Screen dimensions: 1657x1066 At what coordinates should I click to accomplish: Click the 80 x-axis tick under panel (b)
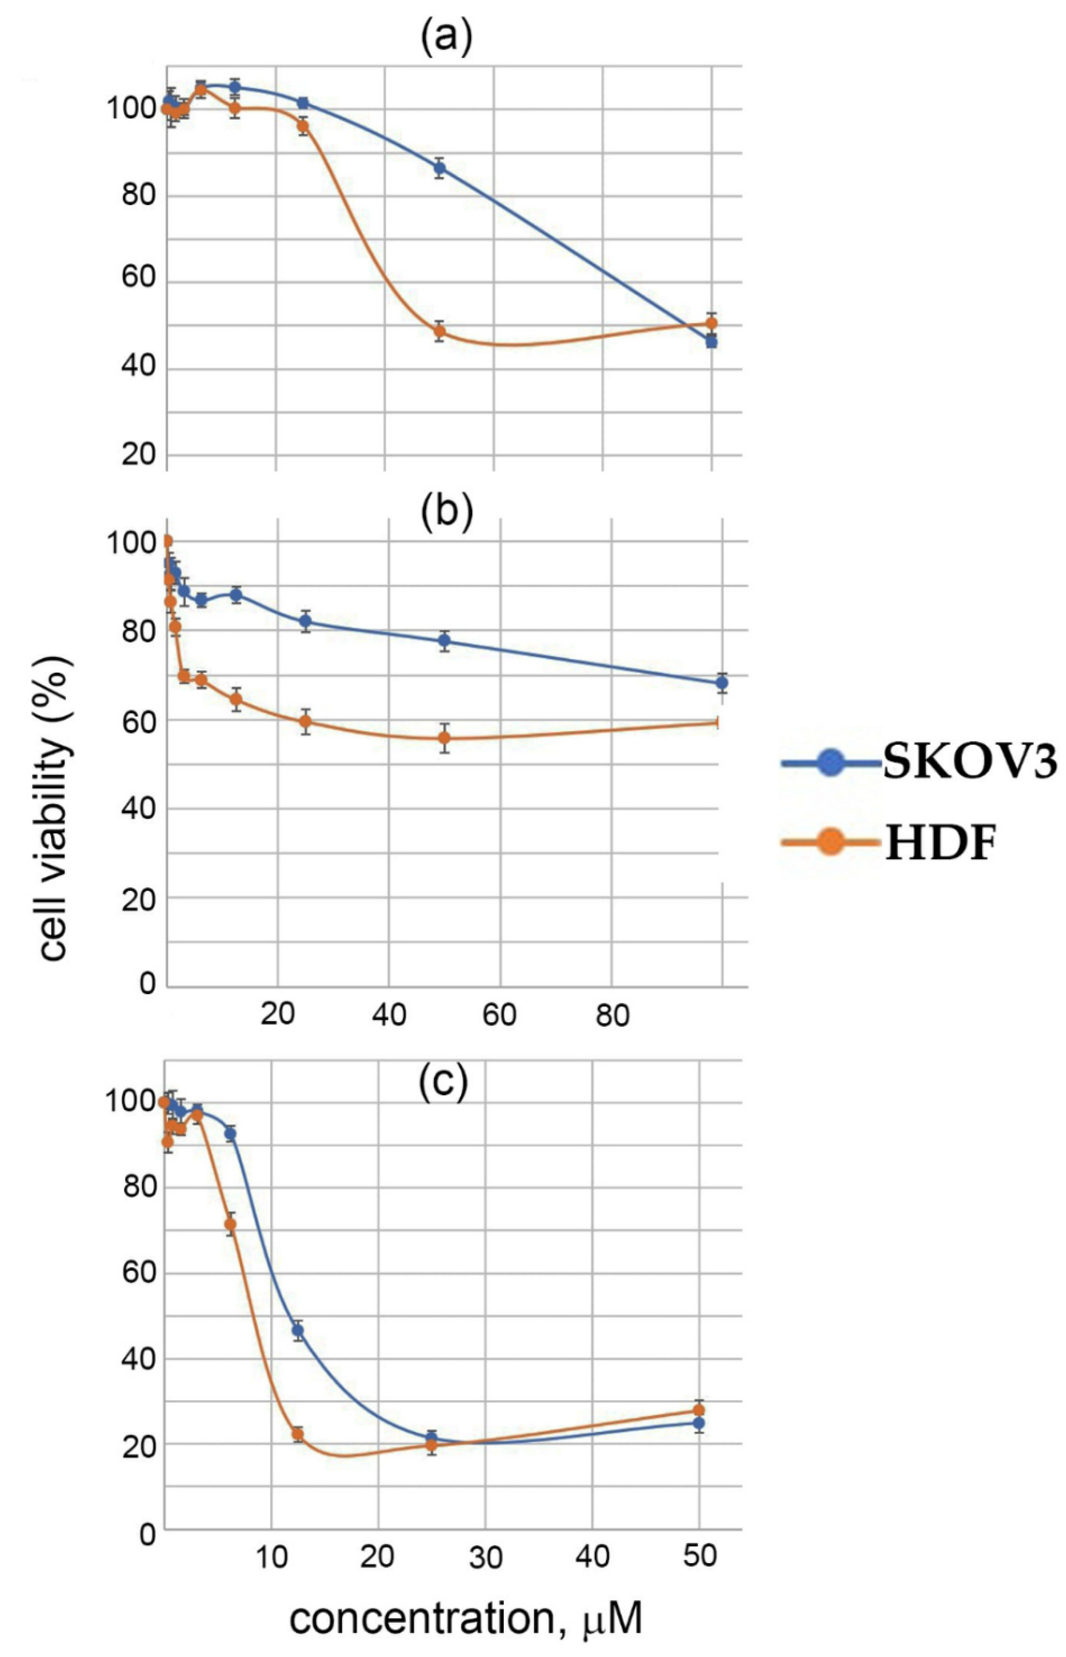tap(612, 1016)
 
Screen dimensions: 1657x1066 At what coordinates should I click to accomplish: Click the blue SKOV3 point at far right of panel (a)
tap(711, 341)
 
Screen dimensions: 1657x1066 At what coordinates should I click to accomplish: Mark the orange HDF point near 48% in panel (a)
tap(439, 331)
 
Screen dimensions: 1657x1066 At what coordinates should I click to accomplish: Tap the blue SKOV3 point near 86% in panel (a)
tap(439, 168)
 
